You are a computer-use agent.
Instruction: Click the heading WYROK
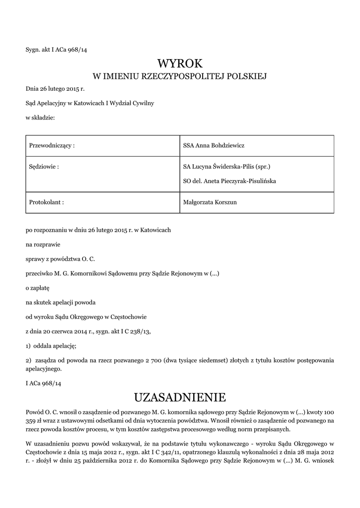180,63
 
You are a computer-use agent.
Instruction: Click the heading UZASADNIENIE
180,397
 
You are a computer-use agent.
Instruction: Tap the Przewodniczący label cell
52,146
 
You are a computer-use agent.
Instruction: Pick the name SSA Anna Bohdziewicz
214,146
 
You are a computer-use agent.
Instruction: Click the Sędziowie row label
44,167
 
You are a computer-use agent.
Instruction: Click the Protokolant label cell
47,202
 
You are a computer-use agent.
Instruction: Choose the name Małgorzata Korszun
211,202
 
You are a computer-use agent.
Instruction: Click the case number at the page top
56,49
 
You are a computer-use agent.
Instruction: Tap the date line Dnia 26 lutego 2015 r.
55,89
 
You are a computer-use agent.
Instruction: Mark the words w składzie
40,117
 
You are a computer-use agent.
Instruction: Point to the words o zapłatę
38,287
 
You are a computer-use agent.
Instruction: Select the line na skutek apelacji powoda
61,302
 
